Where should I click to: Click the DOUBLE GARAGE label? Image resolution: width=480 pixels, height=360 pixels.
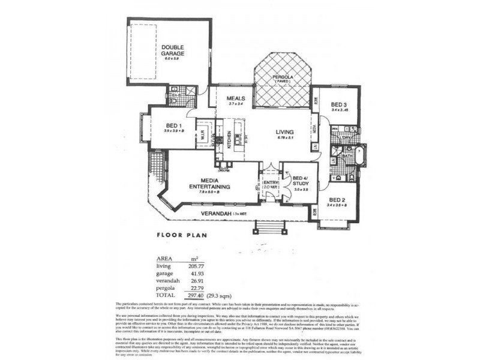coord(172,50)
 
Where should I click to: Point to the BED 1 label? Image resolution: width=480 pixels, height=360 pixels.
coord(174,125)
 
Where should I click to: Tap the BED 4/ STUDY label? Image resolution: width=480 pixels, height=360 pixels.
coord(300,180)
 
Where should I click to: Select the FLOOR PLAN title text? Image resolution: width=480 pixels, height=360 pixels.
coord(182,236)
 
